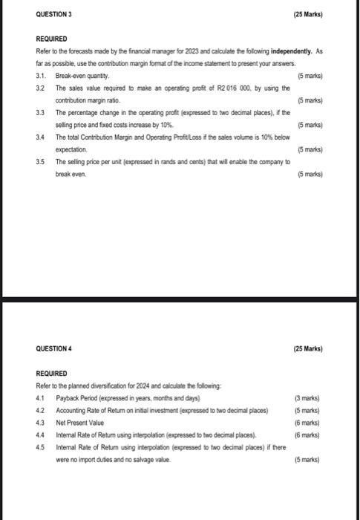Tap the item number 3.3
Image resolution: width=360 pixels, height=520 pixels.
click(41, 111)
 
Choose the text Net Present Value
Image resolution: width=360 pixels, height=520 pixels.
click(79, 422)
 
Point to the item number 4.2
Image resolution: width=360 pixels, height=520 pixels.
click(41, 410)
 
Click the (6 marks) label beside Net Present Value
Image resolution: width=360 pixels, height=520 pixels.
click(307, 422)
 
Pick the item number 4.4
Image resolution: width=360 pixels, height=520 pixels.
click(41, 435)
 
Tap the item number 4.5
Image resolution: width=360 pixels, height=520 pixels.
click(41, 447)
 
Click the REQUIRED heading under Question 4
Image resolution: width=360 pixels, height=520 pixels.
click(51, 373)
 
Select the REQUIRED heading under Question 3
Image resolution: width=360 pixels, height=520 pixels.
click(51, 39)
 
